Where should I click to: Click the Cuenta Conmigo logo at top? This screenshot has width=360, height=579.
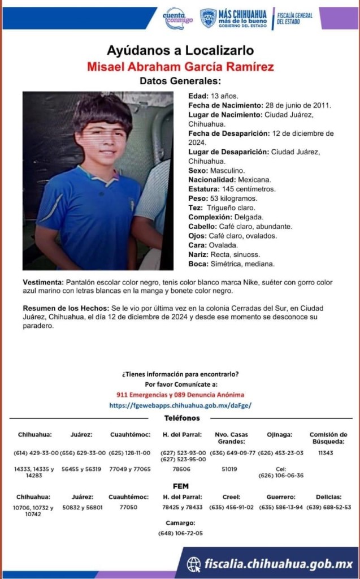177,18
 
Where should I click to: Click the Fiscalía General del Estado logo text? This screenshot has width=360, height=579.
295,19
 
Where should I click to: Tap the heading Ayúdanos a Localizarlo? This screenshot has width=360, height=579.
180,50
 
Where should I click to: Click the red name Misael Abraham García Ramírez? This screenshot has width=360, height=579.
180,67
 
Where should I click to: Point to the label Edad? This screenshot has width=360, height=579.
198,96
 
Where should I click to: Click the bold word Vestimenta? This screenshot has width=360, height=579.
43,282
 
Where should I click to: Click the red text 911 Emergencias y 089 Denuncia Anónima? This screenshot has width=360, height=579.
180,394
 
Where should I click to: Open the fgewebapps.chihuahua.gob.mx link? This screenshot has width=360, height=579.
180,405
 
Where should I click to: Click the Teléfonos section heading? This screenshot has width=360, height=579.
181,418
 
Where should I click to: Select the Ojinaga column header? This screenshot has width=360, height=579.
280,434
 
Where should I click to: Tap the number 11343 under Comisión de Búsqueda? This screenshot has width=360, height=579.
327,452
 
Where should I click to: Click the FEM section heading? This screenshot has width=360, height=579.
180,486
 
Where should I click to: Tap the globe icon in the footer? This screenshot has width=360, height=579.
194,563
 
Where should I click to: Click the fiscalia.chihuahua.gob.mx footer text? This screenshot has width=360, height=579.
279,564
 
